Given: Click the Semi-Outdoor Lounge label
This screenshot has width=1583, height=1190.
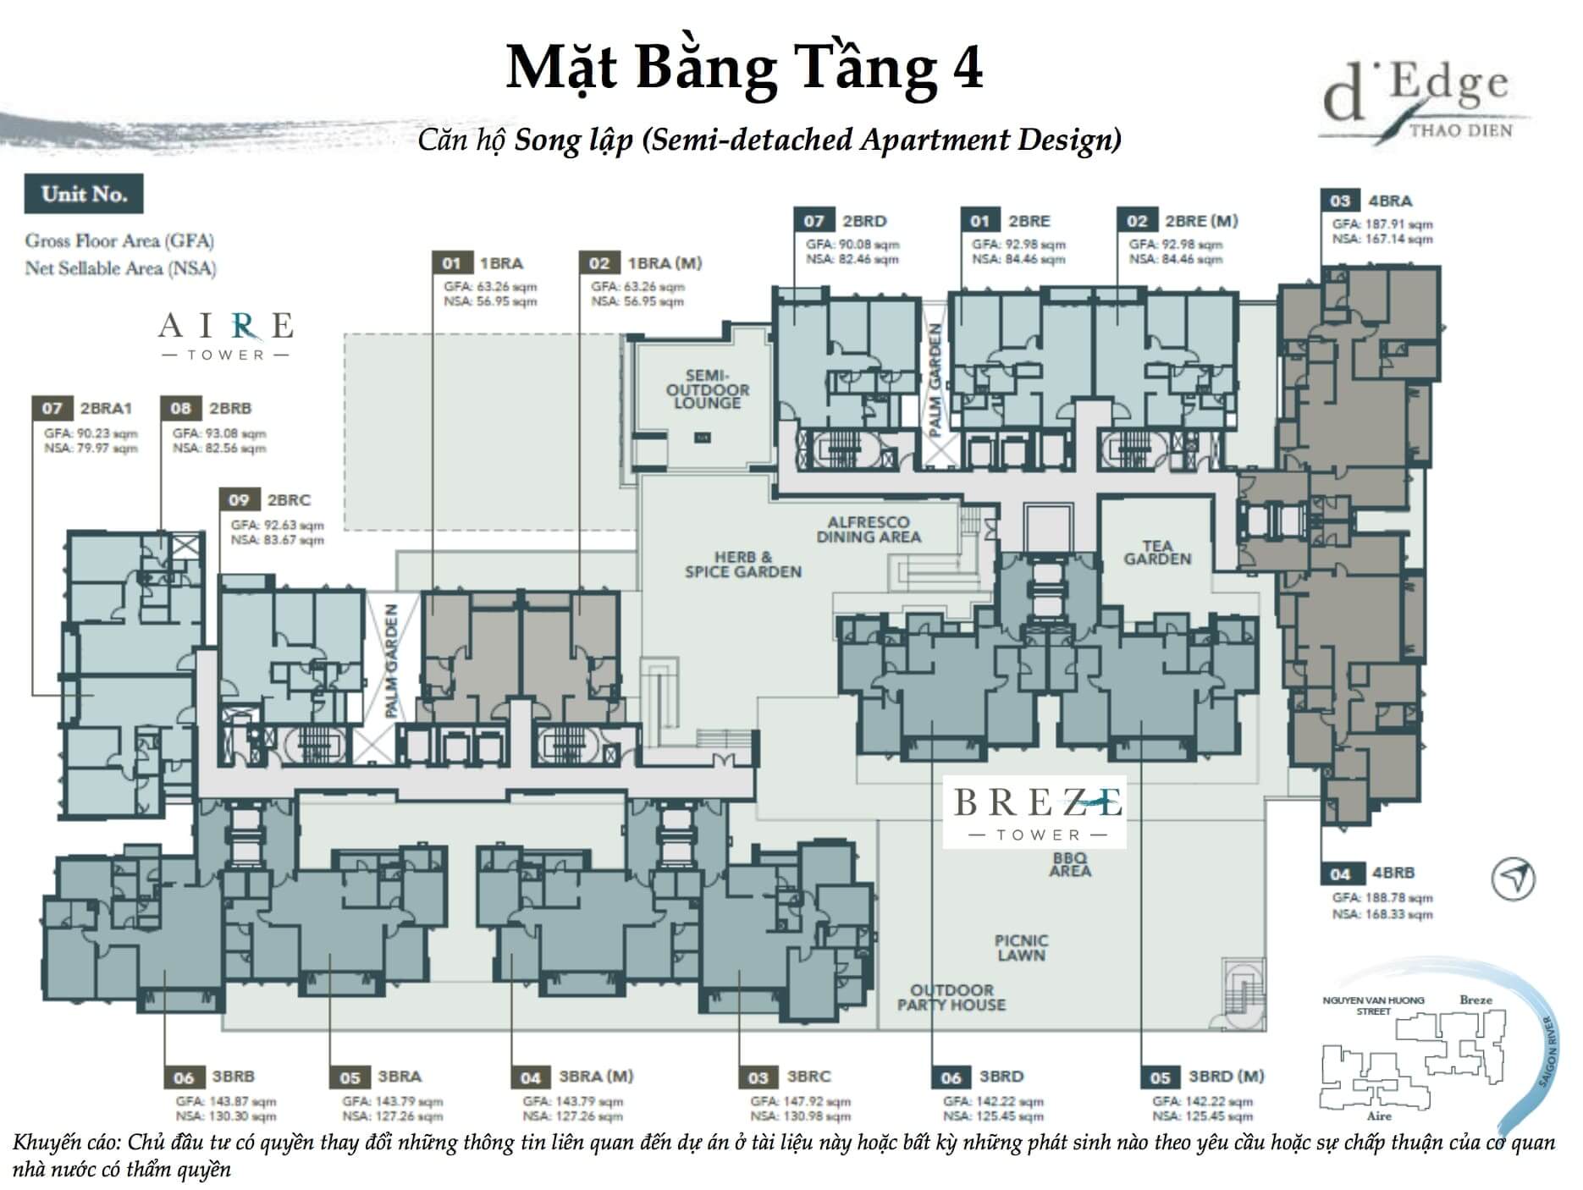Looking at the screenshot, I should [x=707, y=389].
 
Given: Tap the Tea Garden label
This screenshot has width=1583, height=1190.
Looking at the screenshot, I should [x=1156, y=553].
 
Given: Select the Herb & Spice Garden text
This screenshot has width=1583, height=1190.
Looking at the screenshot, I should [x=742, y=565].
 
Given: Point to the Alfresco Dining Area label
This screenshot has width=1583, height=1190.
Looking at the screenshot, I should [x=868, y=530].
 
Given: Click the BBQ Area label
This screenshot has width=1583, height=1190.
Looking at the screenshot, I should [x=1069, y=864].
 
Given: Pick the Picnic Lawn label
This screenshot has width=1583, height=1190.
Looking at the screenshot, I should [x=1021, y=948].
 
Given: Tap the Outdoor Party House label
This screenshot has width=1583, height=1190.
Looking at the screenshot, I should [x=951, y=997].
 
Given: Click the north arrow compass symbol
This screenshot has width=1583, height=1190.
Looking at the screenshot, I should [x=1512, y=879].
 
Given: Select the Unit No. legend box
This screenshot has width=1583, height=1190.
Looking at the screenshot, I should [x=84, y=194].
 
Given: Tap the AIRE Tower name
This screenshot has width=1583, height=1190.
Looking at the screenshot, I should [x=226, y=334].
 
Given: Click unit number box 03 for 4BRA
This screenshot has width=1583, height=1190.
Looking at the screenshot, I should [x=1339, y=201].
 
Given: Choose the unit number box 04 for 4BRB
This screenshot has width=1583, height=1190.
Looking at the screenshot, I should [x=1339, y=873].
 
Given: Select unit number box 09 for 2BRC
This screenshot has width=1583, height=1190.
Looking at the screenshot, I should [x=239, y=499].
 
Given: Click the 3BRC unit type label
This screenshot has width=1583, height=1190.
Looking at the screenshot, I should [x=808, y=1077].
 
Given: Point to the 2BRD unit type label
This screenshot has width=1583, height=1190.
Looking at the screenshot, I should [x=864, y=221].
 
